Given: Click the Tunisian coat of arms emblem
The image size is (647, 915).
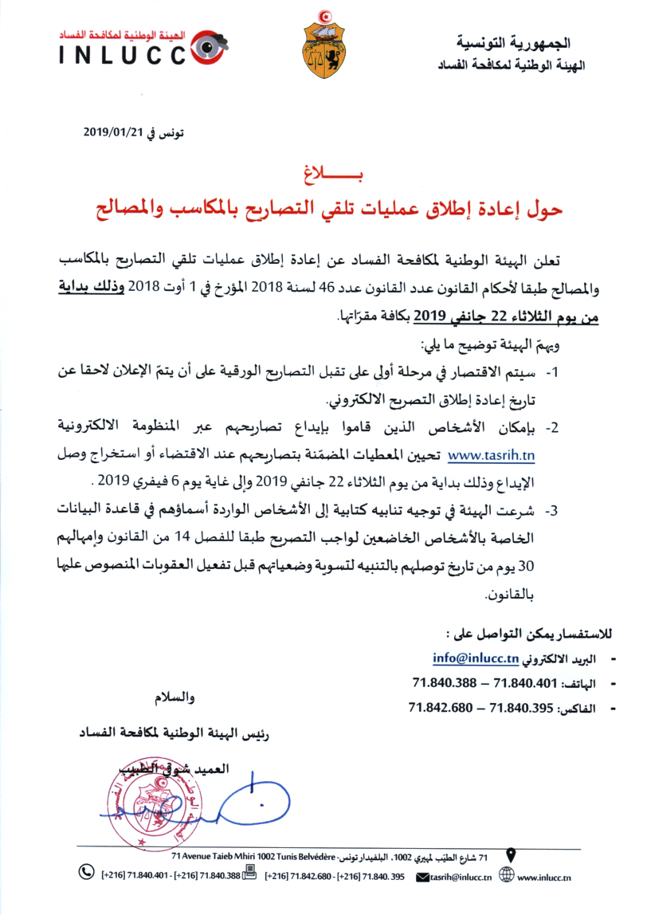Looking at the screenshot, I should (x=326, y=47).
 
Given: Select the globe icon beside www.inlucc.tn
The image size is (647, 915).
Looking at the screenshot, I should (x=505, y=876).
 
